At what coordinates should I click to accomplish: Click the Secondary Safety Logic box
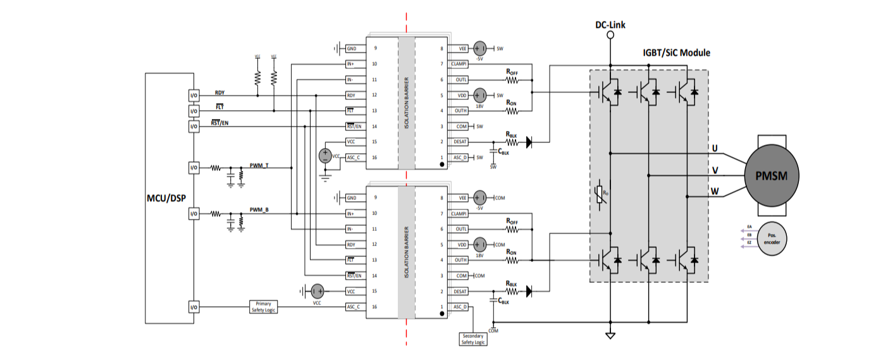(473, 338)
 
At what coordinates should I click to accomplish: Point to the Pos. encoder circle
(773, 239)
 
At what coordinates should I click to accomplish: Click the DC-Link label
(610, 25)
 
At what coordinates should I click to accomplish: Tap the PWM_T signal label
(259, 165)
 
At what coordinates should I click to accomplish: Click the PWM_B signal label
(259, 209)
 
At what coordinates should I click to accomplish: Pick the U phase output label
(715, 149)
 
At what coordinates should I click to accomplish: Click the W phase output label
(715, 191)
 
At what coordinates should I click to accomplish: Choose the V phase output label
(715, 170)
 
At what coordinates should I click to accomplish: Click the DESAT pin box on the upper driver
(460, 142)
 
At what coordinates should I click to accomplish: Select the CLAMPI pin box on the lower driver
(460, 213)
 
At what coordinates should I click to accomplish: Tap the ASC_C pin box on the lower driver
(354, 307)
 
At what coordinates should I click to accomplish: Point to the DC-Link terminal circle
(610, 35)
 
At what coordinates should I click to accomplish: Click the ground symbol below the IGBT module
(610, 335)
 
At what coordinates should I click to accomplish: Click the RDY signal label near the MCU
(219, 92)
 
